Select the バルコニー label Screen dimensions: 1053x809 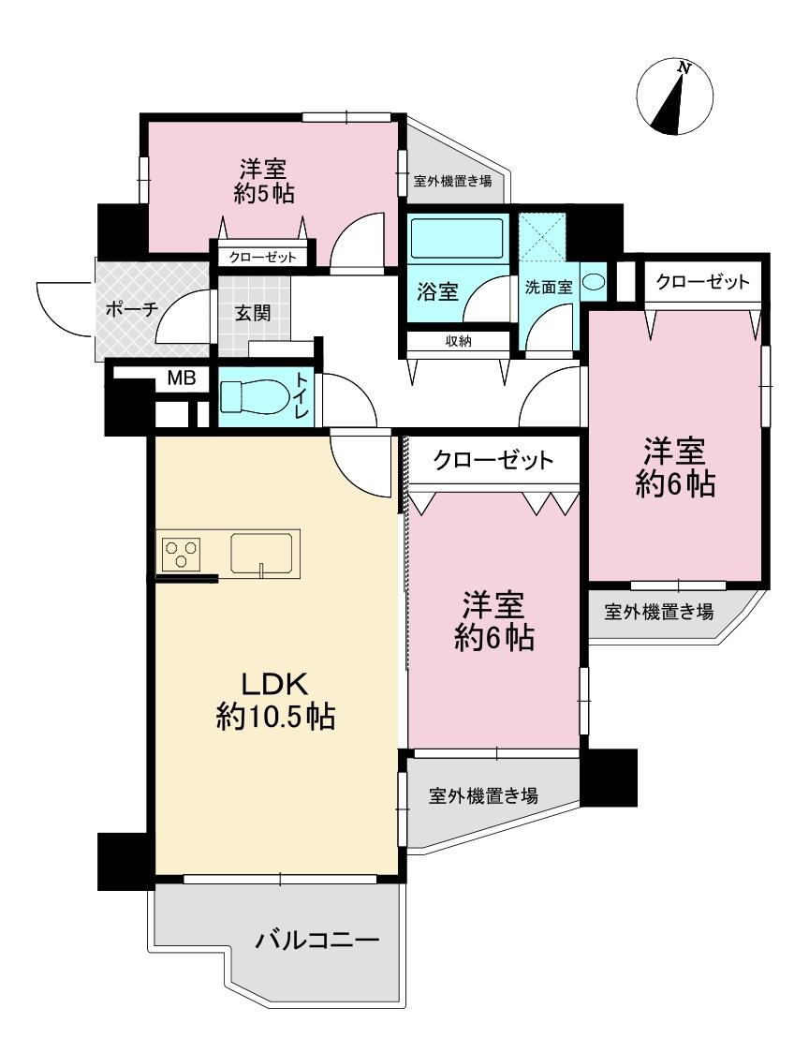tap(317, 940)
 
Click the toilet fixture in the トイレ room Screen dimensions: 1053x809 tap(253, 395)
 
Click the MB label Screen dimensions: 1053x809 tap(181, 378)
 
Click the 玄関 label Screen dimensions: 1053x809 tap(253, 312)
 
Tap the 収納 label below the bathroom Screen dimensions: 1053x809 tap(458, 341)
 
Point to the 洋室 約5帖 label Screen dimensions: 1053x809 tap(264, 181)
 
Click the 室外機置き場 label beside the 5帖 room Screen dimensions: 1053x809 tap(452, 181)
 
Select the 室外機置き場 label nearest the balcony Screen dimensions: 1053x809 tap(483, 796)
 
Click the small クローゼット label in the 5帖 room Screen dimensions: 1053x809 tap(262, 257)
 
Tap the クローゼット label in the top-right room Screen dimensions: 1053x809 tap(702, 282)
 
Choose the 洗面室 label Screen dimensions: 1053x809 tap(548, 288)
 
